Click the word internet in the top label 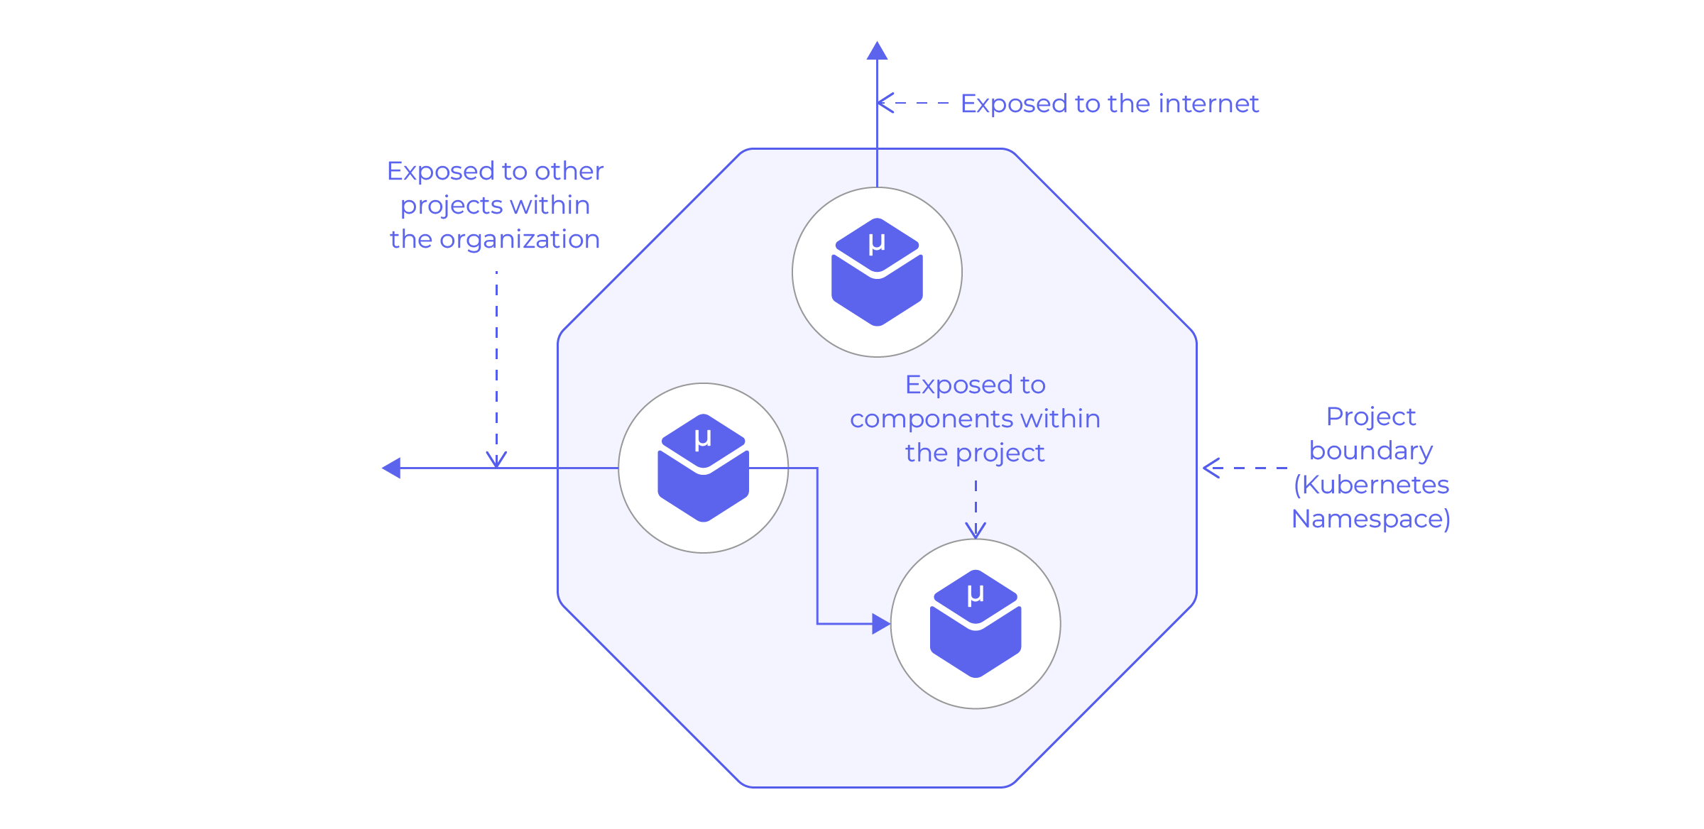point(1208,104)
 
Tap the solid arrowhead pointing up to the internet point(877,50)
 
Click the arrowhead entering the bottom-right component point(881,624)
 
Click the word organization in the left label point(520,240)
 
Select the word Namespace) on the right point(1370,519)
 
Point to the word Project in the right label point(1370,417)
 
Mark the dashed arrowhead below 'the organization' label point(496,459)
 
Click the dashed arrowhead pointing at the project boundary point(1211,468)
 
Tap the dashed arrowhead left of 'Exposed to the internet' point(885,103)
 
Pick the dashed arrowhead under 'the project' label point(976,530)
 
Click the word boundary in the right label point(1370,451)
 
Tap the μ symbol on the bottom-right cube point(976,594)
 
